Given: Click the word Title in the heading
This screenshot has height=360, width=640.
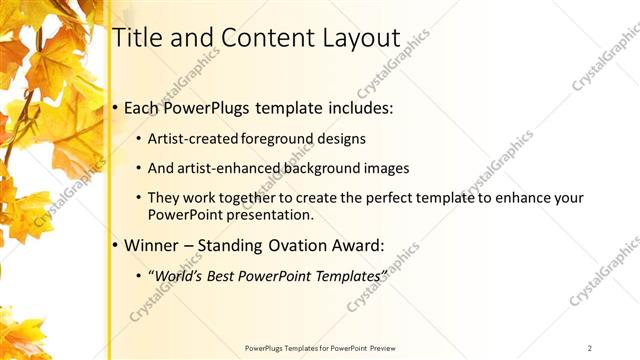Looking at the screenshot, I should (137, 37).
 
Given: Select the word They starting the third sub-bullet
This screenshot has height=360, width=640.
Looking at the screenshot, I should (165, 197).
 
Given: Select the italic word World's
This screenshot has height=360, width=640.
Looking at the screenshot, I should (181, 274).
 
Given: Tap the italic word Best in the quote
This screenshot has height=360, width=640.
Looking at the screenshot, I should (226, 274).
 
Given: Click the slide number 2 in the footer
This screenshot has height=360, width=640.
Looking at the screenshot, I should (590, 348).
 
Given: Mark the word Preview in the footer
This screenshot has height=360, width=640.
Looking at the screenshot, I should (383, 348).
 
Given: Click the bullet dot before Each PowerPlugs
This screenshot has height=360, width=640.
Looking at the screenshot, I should (116, 106).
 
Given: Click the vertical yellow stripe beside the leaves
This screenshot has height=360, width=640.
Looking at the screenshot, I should (108, 200).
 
